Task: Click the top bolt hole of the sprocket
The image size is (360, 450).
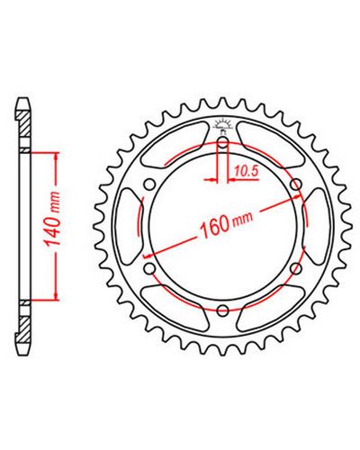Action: [222, 142]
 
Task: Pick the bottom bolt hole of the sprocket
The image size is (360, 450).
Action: [222, 310]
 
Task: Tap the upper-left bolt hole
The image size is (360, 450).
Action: [149, 184]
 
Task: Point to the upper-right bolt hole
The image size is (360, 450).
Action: [295, 184]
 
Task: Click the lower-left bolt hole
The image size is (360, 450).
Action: [149, 269]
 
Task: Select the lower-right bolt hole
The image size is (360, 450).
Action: [295, 269]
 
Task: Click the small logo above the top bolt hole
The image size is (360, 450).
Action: [222, 125]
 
